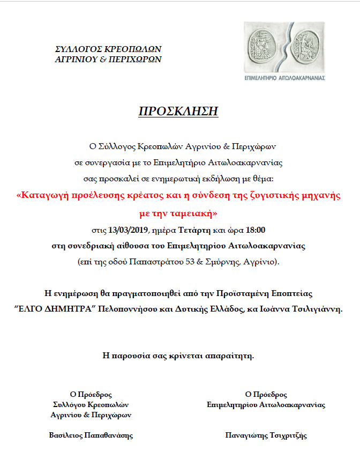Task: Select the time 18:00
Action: pyautogui.click(x=254, y=230)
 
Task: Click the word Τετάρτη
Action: pyautogui.click(x=191, y=230)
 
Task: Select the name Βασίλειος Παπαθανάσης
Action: pyautogui.click(x=91, y=435)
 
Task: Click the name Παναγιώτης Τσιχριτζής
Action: pyautogui.click(x=266, y=435)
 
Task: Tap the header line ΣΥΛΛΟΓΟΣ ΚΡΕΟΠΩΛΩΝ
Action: pyautogui.click(x=108, y=49)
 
